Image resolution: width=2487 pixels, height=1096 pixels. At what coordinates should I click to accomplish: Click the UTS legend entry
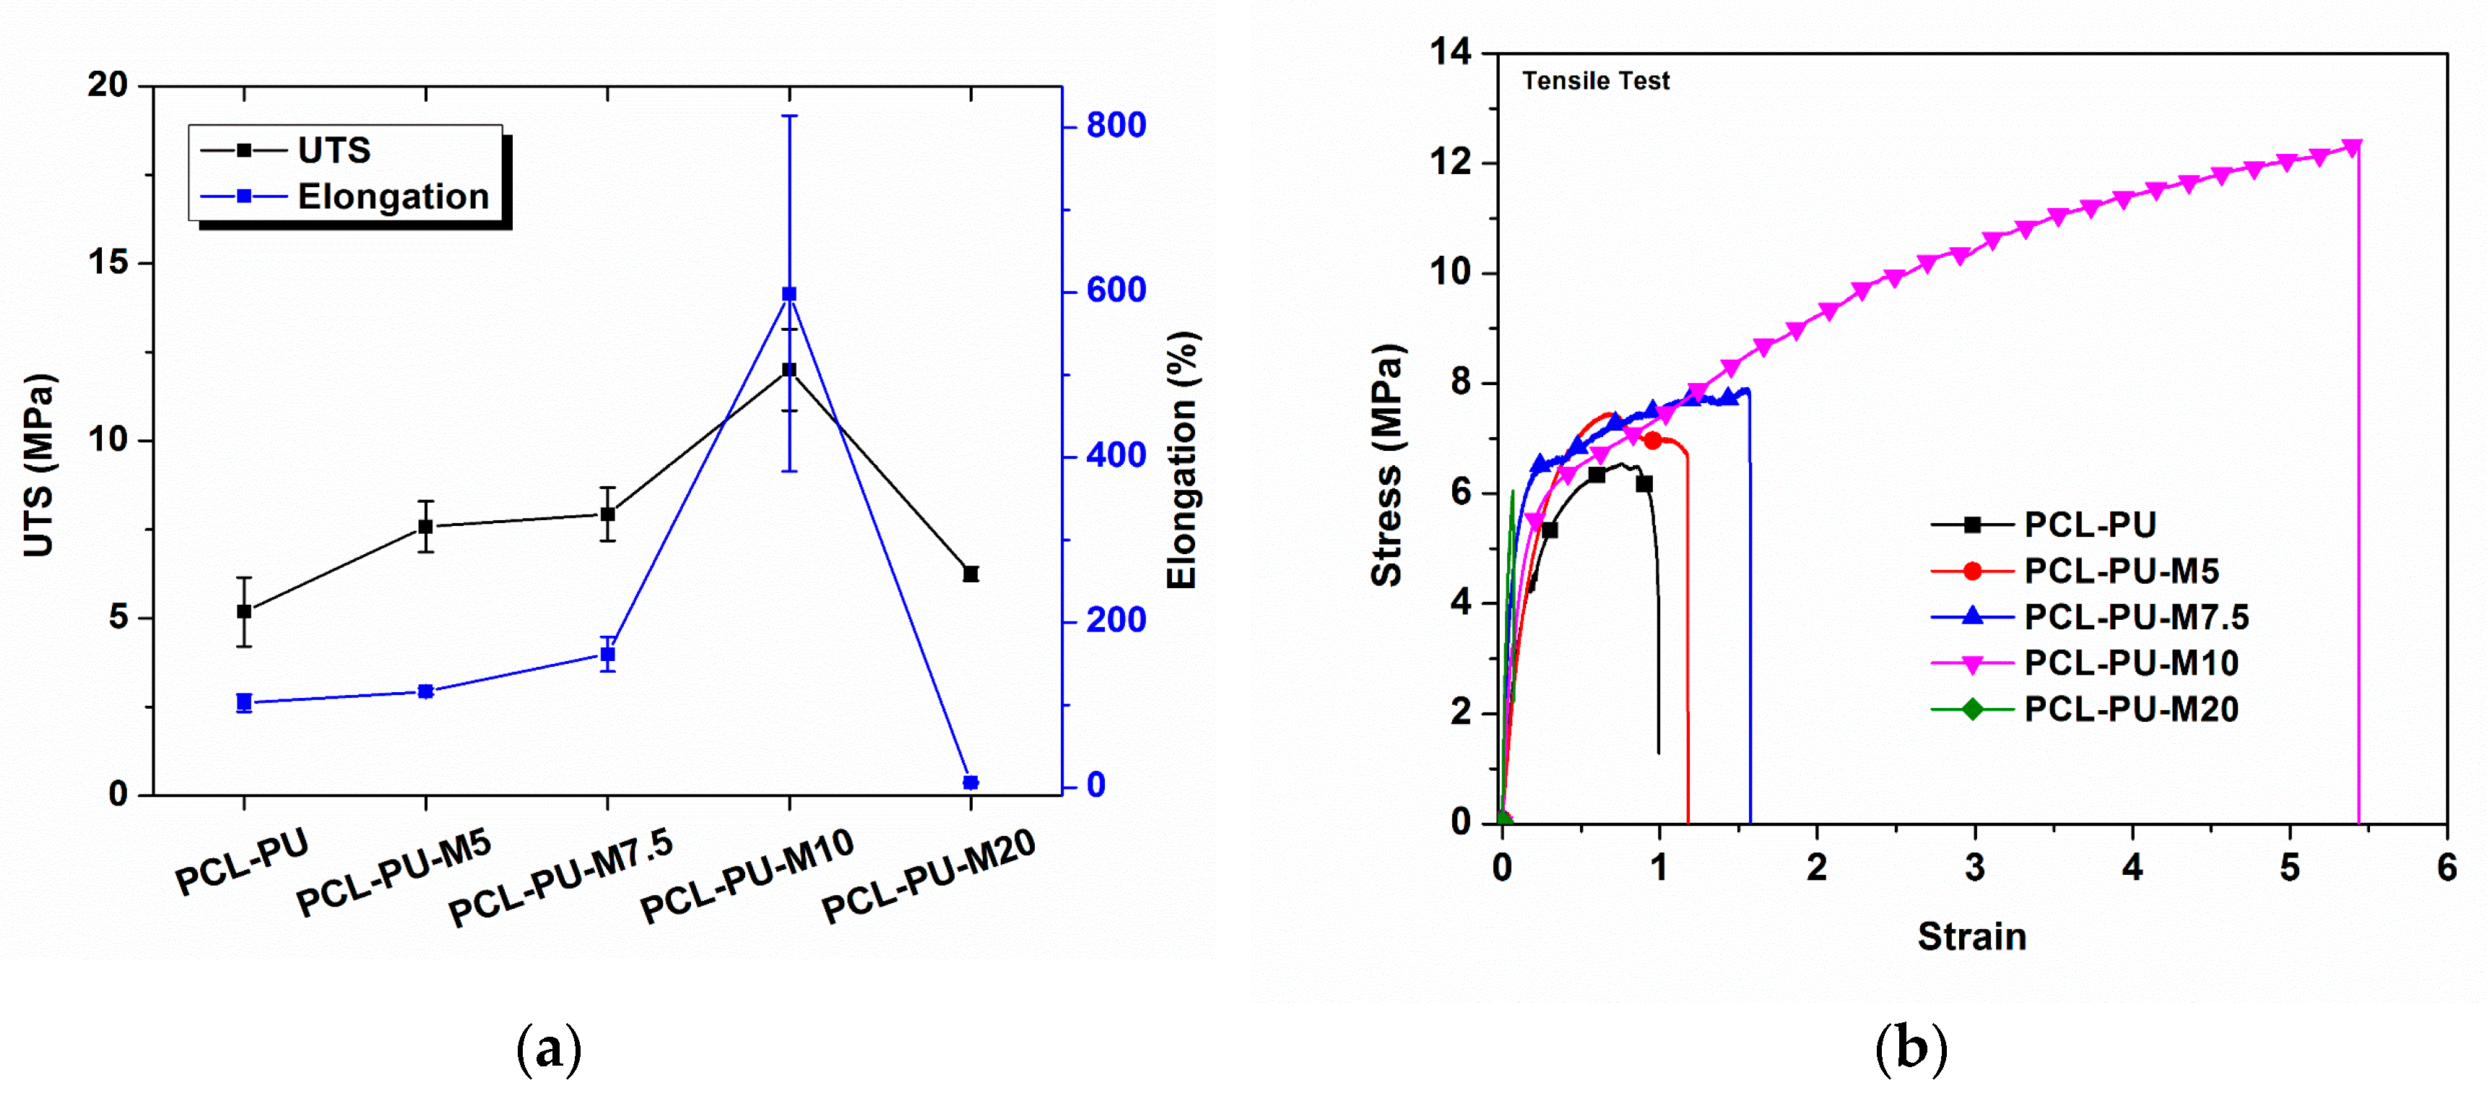(333, 151)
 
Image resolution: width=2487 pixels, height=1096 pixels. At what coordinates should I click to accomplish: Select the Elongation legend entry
(392, 197)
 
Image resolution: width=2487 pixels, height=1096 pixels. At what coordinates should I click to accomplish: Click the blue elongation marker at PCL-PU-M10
(789, 293)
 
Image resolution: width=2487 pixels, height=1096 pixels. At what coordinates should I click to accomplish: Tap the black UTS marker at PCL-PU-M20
(971, 574)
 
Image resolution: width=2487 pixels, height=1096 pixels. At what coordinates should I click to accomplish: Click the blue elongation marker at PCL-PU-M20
(971, 782)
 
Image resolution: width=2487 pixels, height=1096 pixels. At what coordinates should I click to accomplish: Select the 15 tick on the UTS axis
(108, 263)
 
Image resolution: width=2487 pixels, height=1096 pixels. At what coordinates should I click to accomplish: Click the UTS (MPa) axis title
(38, 465)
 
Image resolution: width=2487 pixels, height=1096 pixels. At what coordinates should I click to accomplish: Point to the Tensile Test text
(1595, 81)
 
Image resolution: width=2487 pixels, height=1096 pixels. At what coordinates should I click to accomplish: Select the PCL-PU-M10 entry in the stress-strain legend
(2131, 663)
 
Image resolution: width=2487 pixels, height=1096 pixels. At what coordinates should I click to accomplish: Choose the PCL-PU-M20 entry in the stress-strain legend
(2131, 709)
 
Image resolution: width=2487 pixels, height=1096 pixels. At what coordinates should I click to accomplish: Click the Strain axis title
(1971, 936)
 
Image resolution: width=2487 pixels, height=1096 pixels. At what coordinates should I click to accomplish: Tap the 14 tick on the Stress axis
(1450, 51)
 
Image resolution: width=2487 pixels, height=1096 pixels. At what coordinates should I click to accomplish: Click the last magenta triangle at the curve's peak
(2352, 147)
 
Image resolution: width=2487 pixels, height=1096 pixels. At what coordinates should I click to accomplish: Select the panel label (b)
(1909, 1048)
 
